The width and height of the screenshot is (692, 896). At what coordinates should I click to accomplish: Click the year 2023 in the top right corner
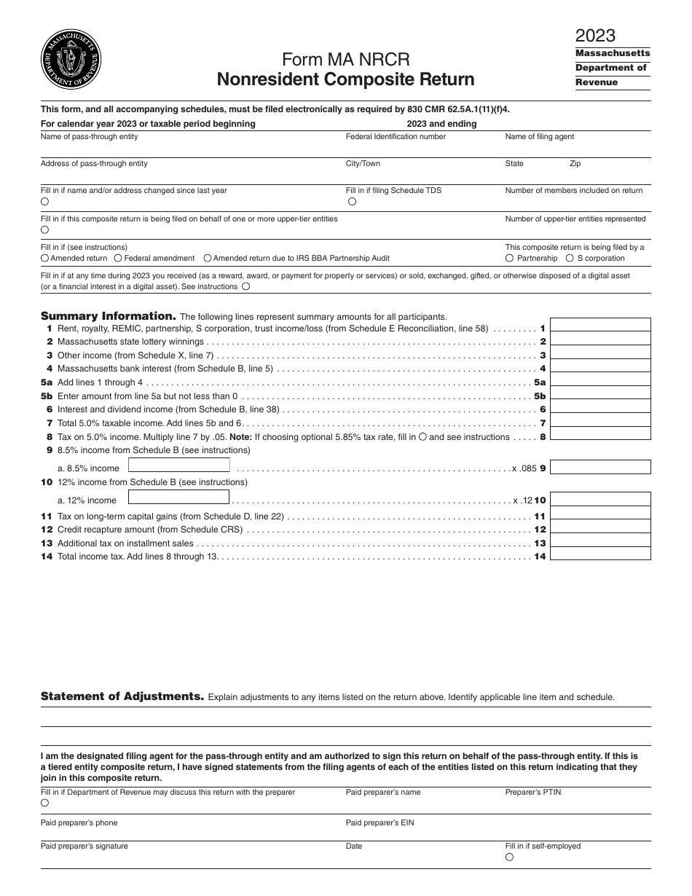click(x=595, y=36)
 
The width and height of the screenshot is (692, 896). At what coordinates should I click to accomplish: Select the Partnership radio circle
click(x=510, y=258)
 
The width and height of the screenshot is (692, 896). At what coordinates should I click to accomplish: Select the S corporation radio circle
click(x=570, y=258)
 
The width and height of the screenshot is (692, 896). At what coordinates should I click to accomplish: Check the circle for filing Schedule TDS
click(x=353, y=202)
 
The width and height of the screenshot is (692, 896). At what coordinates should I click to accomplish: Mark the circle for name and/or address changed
click(x=45, y=202)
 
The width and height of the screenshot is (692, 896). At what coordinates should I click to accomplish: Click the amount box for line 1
click(x=600, y=328)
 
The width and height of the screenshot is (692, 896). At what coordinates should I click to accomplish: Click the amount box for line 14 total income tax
click(x=600, y=556)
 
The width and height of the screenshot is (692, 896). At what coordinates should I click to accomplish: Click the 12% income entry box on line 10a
click(x=178, y=498)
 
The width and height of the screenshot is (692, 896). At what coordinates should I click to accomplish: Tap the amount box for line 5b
click(x=600, y=396)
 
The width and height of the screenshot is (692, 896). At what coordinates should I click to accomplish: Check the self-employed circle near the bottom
click(x=510, y=857)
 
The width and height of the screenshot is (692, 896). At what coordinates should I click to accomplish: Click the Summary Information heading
click(x=108, y=316)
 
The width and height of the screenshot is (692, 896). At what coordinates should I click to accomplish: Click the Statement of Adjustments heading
click(x=122, y=696)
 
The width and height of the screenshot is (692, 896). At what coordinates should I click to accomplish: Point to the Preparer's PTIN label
click(x=533, y=792)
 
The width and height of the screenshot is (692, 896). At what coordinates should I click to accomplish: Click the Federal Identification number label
click(x=396, y=137)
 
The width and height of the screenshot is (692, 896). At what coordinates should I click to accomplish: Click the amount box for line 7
click(x=600, y=423)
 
